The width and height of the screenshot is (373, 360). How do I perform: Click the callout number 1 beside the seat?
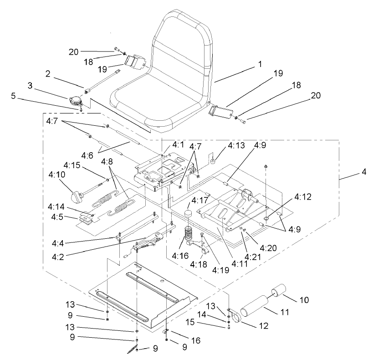pos(260,65)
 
